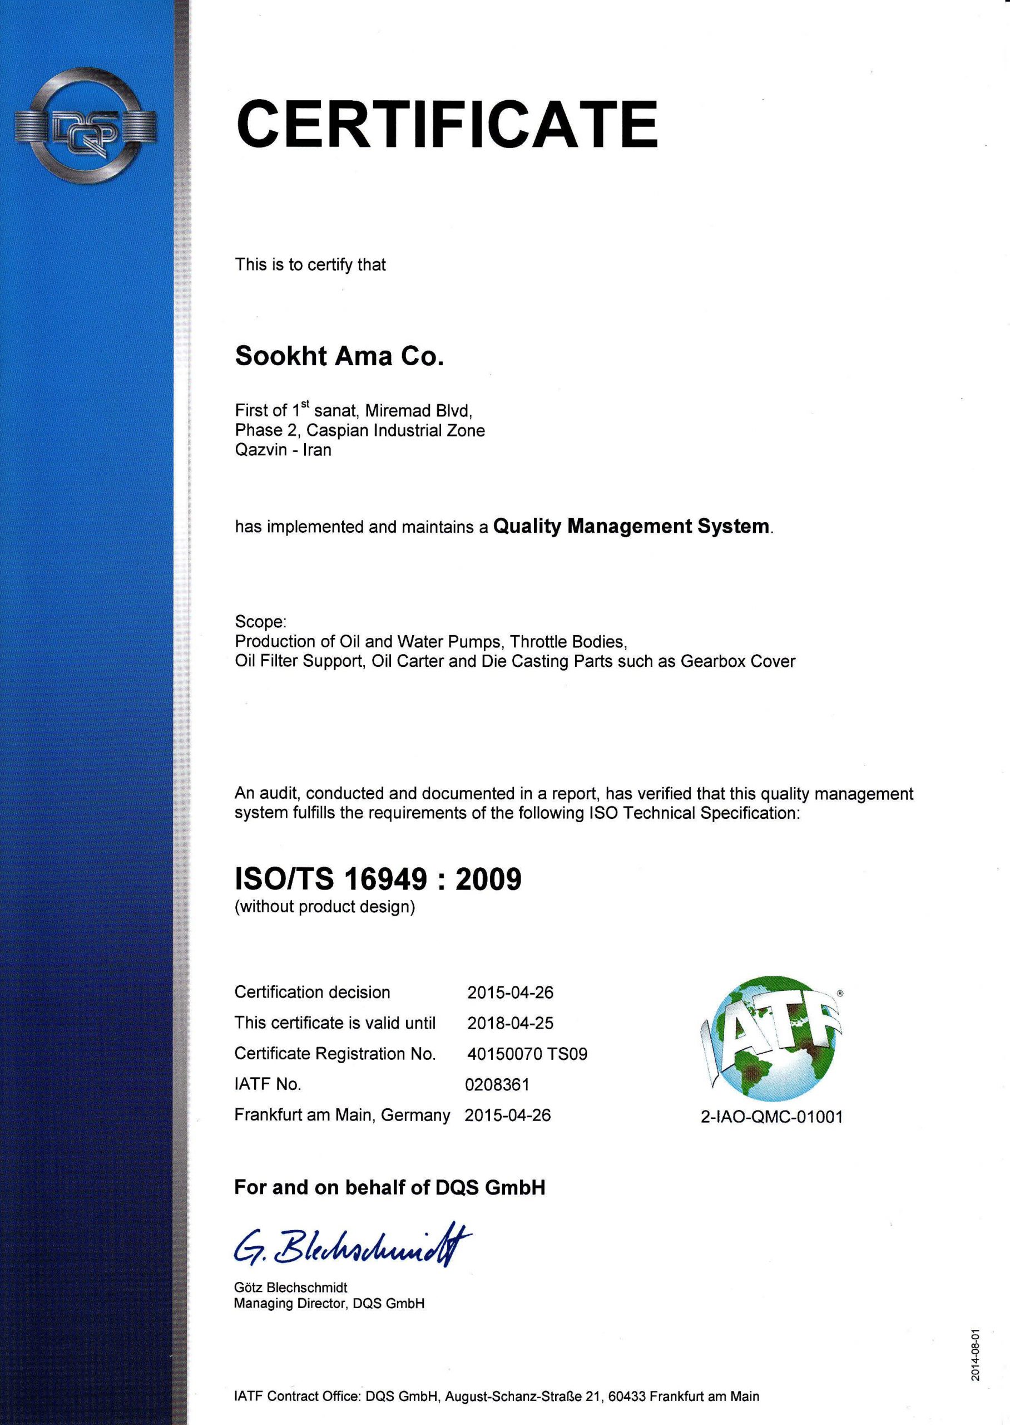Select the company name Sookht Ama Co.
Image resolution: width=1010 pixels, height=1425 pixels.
[339, 357]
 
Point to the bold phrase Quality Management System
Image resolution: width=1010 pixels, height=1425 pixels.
[631, 527]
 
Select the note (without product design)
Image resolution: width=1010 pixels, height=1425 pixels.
[325, 907]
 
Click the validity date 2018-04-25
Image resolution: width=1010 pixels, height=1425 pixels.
[510, 1023]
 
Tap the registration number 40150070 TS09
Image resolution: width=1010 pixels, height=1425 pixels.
[527, 1054]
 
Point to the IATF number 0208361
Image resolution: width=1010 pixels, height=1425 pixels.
[497, 1085]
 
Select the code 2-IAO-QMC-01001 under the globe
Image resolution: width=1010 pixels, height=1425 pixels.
[771, 1117]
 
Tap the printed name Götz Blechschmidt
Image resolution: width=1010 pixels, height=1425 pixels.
[290, 1287]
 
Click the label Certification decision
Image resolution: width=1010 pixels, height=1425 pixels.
[312, 992]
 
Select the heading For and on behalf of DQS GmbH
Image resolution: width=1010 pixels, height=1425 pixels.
[389, 1187]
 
